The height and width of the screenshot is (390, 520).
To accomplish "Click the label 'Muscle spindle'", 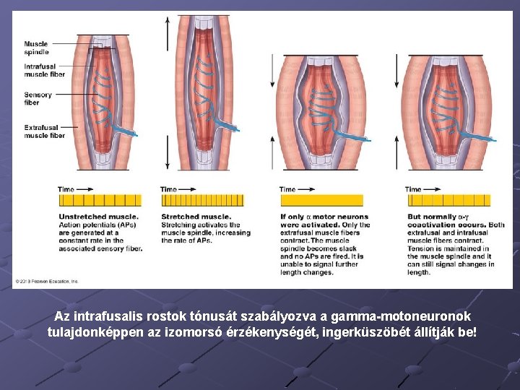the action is (x=36, y=48).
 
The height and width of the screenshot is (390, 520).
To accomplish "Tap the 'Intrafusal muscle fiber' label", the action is (x=44, y=70).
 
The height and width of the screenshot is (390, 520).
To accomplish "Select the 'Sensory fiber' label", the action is (x=38, y=98).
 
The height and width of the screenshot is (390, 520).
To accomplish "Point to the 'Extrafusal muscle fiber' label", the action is (x=44, y=131).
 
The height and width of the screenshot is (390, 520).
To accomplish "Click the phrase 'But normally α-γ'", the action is (x=437, y=217).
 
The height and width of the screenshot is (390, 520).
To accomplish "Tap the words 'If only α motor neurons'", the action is (x=324, y=217).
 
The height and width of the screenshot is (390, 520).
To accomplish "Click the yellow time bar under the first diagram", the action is (x=99, y=200).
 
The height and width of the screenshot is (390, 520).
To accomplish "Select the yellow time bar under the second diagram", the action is (x=201, y=200).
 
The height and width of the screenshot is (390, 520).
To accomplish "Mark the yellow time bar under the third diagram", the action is (x=321, y=200).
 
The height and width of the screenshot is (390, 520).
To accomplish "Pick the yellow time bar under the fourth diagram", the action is (x=448, y=200).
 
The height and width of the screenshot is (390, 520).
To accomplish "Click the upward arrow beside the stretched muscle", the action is (x=168, y=29).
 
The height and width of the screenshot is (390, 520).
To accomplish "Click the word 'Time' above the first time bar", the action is (x=66, y=189).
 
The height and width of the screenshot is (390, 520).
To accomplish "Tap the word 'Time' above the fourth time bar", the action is (x=413, y=189).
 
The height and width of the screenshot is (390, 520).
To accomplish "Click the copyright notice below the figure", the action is (x=46, y=281).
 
